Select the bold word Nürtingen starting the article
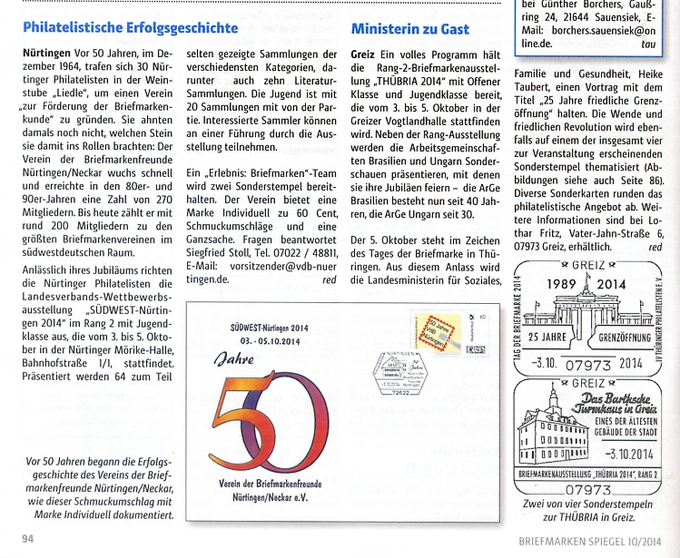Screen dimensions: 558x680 46,54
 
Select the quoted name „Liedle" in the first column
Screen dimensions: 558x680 66,92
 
